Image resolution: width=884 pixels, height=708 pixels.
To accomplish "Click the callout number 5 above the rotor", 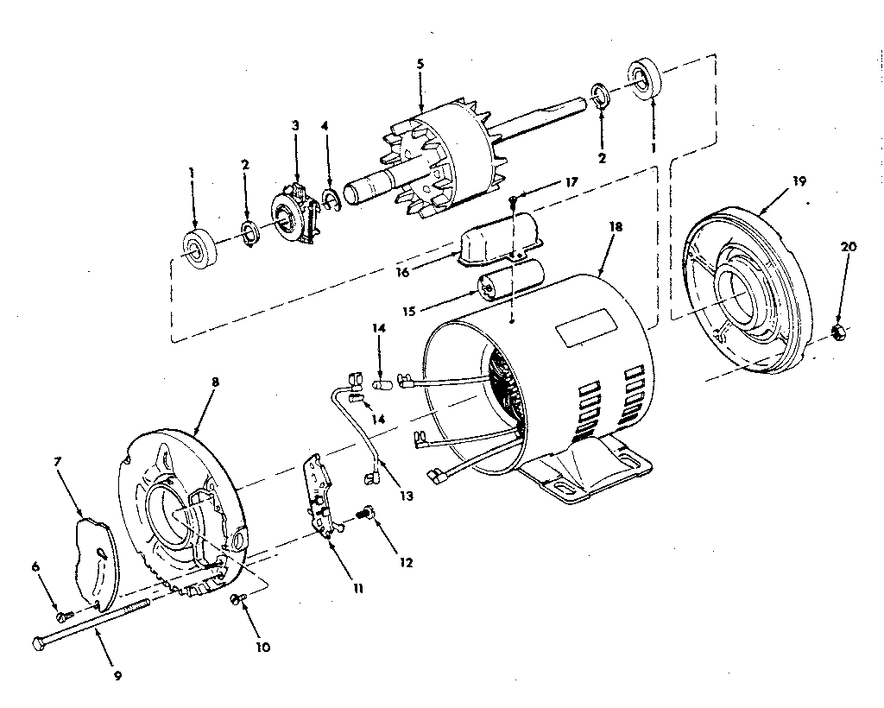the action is pyautogui.click(x=420, y=64).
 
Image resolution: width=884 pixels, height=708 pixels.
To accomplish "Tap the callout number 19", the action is pyautogui.click(x=799, y=181).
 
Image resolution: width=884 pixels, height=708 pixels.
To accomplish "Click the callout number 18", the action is pyautogui.click(x=616, y=226).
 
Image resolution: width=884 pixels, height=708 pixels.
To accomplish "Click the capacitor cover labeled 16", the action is pyautogui.click(x=499, y=238).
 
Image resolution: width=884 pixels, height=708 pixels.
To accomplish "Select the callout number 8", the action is pyautogui.click(x=215, y=382).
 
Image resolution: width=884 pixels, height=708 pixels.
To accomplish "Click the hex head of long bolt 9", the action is pyautogui.click(x=39, y=643).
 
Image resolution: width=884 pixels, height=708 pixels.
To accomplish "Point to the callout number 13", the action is pyautogui.click(x=407, y=496).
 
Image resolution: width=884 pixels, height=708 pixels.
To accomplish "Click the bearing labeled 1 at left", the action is pyautogui.click(x=200, y=250).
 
